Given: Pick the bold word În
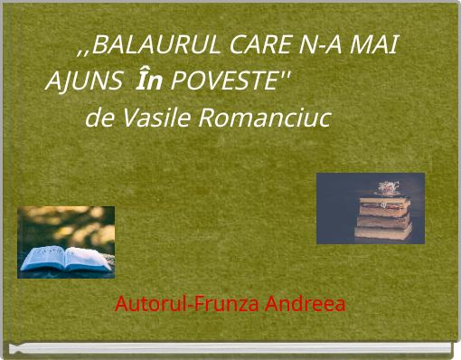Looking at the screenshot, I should click(148, 81).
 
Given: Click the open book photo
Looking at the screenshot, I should click(66, 242).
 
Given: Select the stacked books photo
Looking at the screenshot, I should click(370, 209).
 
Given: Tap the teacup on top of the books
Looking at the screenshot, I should click(387, 188).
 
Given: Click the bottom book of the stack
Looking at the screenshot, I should click(383, 232).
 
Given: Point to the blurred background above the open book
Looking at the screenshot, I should click(66, 222).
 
